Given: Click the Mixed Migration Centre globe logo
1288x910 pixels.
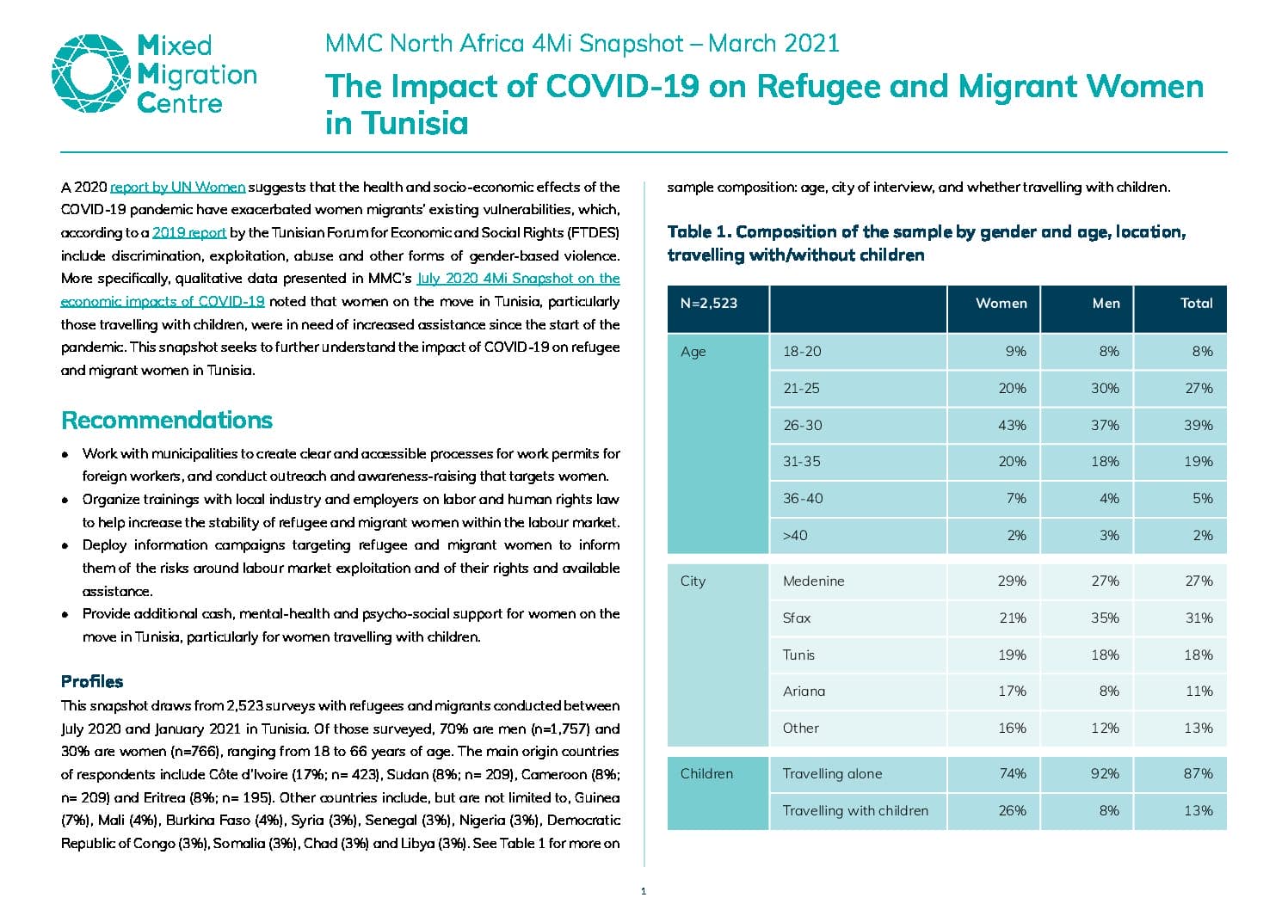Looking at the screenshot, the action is pyautogui.click(x=91, y=73).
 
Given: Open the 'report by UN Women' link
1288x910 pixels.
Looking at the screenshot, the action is pyautogui.click(x=178, y=187).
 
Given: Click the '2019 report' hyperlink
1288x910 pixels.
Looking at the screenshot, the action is pyautogui.click(x=189, y=232).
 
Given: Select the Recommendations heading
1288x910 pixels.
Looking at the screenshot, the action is pyautogui.click(x=167, y=421).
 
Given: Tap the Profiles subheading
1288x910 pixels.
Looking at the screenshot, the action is pyautogui.click(x=92, y=681).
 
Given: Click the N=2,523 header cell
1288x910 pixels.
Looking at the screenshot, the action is pyautogui.click(x=709, y=303).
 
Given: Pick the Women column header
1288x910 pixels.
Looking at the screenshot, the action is pyautogui.click(x=1001, y=303).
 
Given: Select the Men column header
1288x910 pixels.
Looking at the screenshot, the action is pyautogui.click(x=1106, y=303).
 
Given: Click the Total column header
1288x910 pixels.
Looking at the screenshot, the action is pyautogui.click(x=1197, y=303).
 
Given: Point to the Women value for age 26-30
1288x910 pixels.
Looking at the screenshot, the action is pyautogui.click(x=1012, y=426).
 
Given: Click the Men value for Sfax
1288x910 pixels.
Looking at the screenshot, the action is pyautogui.click(x=1105, y=618).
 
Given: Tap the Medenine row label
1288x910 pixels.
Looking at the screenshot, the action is pyautogui.click(x=814, y=581).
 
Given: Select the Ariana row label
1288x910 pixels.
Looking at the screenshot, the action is pyautogui.click(x=804, y=691).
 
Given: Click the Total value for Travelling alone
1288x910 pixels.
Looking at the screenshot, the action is pyautogui.click(x=1199, y=774).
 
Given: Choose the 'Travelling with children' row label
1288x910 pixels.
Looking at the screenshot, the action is pyautogui.click(x=855, y=810).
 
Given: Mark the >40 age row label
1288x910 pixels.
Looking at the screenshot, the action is pyautogui.click(x=795, y=536).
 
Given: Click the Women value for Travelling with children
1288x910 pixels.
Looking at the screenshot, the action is pyautogui.click(x=1012, y=810).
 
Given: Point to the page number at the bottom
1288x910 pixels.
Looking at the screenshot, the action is pyautogui.click(x=644, y=892).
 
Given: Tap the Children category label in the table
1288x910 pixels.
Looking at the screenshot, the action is pyautogui.click(x=706, y=774).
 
